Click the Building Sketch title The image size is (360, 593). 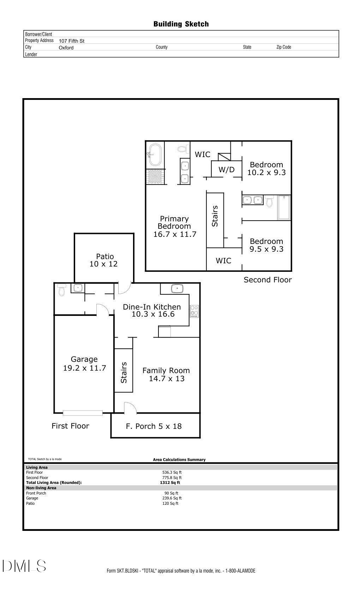coord(181,24)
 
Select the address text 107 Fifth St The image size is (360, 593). coord(71,41)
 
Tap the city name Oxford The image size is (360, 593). coord(66,48)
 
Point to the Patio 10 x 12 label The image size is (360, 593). coord(103,260)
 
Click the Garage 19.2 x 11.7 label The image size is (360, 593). coord(84,364)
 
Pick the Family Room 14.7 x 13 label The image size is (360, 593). coord(166,375)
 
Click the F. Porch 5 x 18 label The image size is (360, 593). coord(154,426)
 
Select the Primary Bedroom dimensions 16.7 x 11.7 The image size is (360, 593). coord(175,234)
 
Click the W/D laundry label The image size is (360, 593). coord(226,169)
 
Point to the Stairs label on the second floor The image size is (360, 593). coord(215,216)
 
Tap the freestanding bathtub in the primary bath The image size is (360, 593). coord(155,155)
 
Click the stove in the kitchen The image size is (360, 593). coord(194,311)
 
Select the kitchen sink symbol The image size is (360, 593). coord(177,288)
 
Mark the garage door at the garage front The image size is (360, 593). coord(83,413)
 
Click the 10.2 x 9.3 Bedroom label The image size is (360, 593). coord(266,169)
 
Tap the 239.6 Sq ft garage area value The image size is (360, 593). coord(172,498)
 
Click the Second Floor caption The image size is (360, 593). coord(268,280)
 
